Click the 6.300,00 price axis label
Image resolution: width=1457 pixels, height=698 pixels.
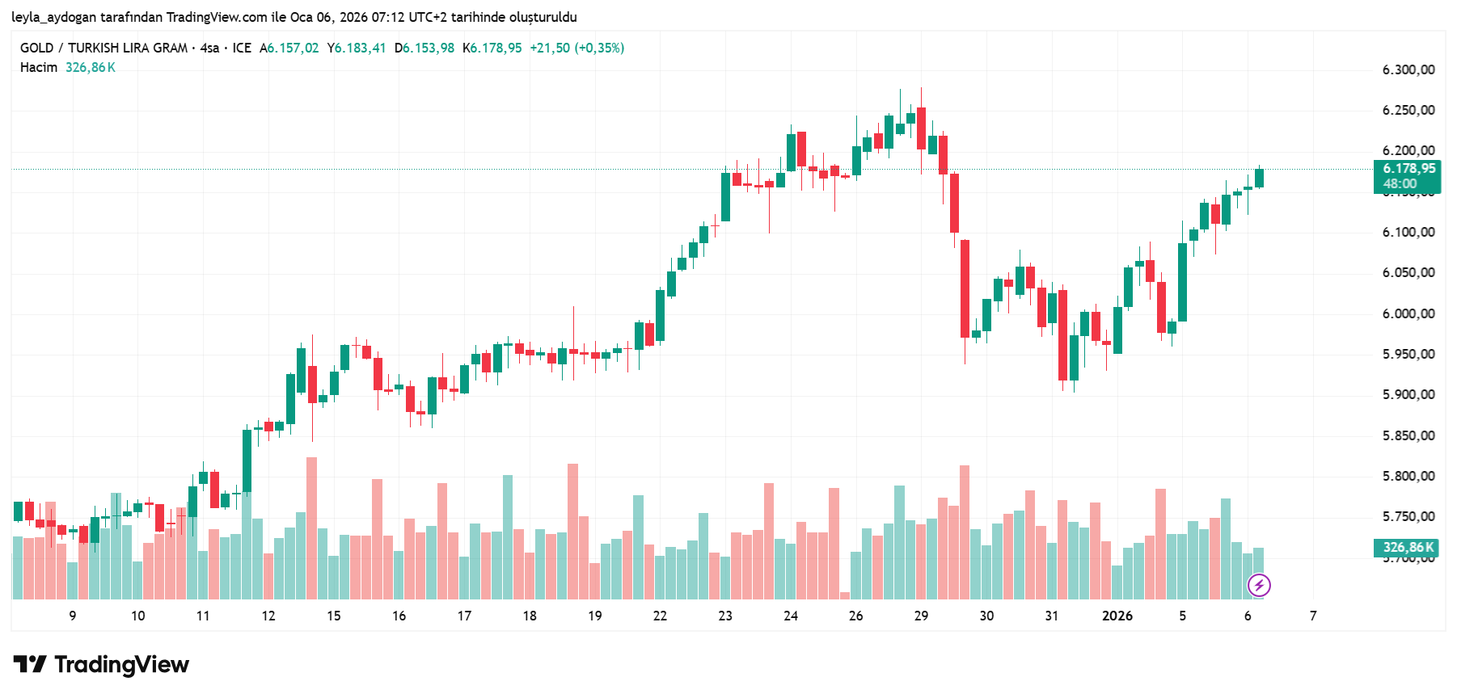coord(1408,70)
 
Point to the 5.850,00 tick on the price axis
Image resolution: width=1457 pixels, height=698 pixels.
coord(1408,435)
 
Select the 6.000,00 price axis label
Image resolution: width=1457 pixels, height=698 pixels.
coord(1408,313)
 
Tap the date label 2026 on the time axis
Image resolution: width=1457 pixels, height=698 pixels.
coord(1117,616)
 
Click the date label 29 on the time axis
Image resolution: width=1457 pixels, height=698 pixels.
coord(921,616)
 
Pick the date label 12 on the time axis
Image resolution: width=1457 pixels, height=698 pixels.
coord(268,616)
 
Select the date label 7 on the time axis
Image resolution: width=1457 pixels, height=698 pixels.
coord(1313,616)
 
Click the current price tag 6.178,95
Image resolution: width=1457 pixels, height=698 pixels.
coord(1408,169)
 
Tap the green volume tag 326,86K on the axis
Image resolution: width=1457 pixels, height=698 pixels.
coord(1408,548)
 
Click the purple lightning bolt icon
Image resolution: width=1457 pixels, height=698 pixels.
coord(1259,585)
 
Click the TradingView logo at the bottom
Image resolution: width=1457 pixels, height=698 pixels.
coord(102,665)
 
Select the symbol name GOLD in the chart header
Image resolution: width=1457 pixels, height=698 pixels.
coord(37,48)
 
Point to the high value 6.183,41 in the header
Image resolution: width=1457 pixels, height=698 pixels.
coord(360,48)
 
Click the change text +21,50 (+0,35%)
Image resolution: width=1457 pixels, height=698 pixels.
coord(576,48)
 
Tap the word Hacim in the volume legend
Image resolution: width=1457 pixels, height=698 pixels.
coord(39,68)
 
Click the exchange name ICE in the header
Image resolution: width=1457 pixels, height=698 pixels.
coord(242,48)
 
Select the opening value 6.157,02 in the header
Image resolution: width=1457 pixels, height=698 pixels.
coord(293,48)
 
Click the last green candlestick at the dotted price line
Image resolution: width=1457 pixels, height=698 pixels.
coord(1259,178)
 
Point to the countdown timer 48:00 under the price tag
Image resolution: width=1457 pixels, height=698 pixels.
coord(1400,184)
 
